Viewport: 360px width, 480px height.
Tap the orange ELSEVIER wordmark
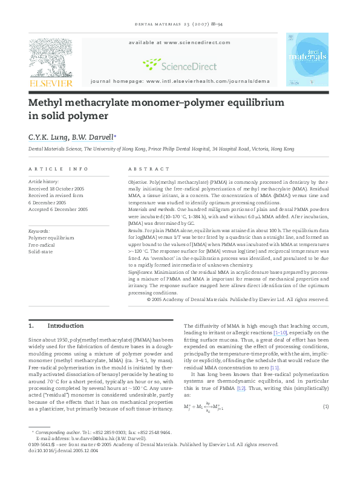pyautogui.click(x=51, y=83)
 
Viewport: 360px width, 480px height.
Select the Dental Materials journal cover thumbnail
pyautogui.click(x=307, y=59)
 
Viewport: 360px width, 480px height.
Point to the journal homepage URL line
pyautogui.click(x=180, y=80)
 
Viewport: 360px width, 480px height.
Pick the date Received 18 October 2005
pyautogui.click(x=56, y=189)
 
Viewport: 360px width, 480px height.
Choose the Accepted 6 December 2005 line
pyautogui.click(x=58, y=209)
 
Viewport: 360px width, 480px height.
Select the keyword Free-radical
pyautogui.click(x=42, y=244)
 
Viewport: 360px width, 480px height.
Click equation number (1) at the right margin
pyautogui.click(x=325, y=406)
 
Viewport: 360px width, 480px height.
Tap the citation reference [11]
pyautogui.click(x=274, y=368)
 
